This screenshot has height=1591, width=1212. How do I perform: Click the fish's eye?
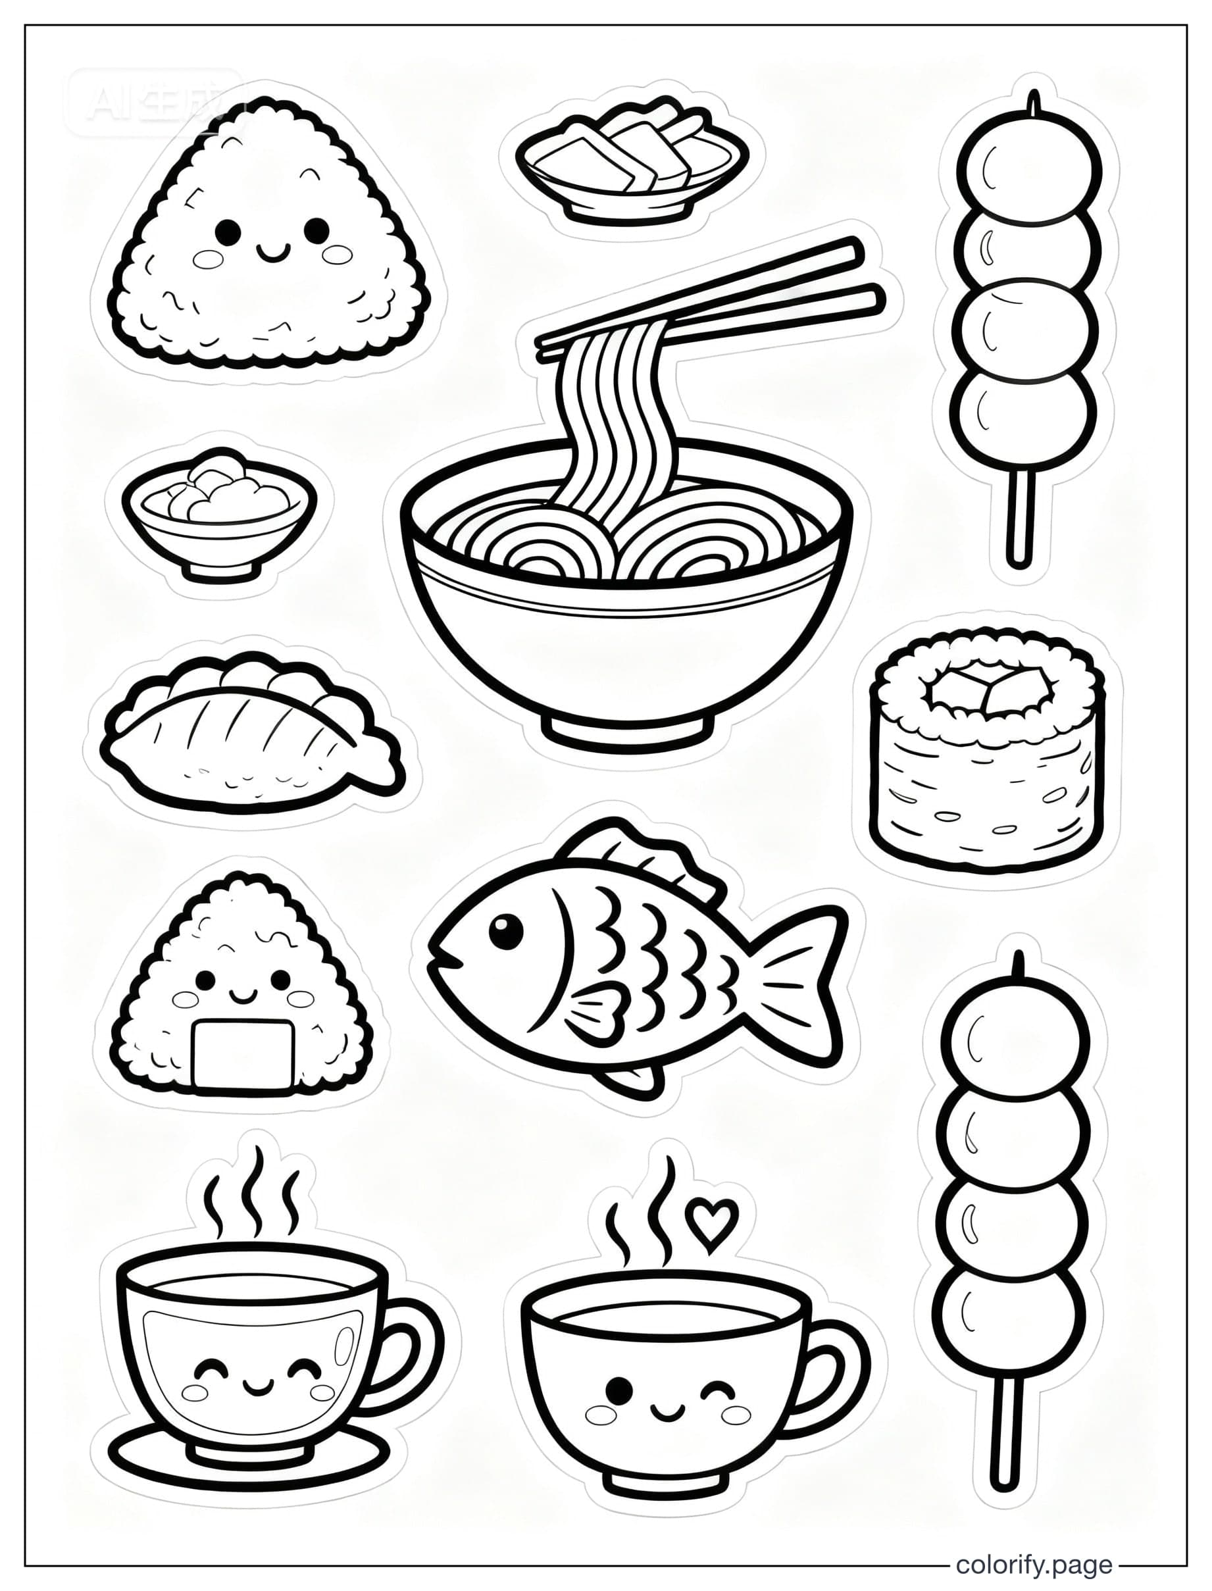coord(507,932)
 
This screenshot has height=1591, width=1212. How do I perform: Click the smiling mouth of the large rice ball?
coord(272,253)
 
